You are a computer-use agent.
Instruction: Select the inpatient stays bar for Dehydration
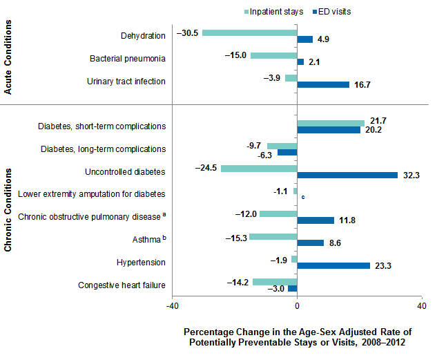(249, 33)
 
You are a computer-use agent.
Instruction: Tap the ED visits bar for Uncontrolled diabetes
(347, 175)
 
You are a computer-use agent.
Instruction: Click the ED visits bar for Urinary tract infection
(323, 84)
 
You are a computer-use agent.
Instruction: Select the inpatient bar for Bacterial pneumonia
(273, 55)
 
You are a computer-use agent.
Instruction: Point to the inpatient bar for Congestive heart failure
(275, 281)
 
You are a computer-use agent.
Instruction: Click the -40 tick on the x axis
(173, 306)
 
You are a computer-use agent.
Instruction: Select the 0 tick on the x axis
(297, 306)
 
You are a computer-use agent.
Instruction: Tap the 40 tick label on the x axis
(421, 306)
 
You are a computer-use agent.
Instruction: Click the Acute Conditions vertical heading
(10, 57)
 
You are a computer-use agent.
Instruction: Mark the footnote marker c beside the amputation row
(302, 198)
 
